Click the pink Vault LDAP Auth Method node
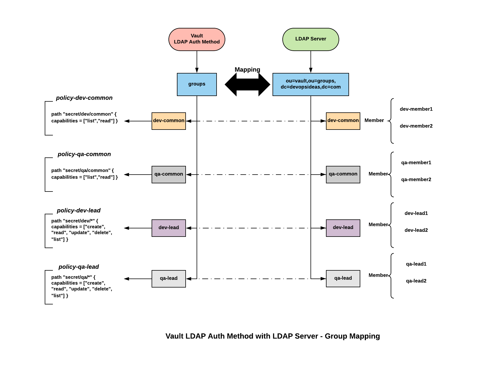pyautogui.click(x=197, y=39)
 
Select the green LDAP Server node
pyautogui.click(x=310, y=39)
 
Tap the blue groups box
pyautogui.click(x=197, y=84)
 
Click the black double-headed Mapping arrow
pyautogui.click(x=247, y=84)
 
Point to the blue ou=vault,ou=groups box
pyautogui.click(x=310, y=84)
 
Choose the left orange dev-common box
pyautogui.click(x=168, y=121)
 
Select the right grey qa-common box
pyautogui.click(x=343, y=174)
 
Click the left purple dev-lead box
pyautogui.click(x=168, y=228)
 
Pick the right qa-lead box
pyautogui.click(x=343, y=279)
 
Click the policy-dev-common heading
pyautogui.click(x=84, y=98)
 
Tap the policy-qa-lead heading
pyautogui.click(x=78, y=267)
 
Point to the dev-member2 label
pyautogui.click(x=416, y=126)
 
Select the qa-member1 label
pyautogui.click(x=416, y=162)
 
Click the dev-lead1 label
pyautogui.click(x=416, y=213)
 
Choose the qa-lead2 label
pyautogui.click(x=416, y=281)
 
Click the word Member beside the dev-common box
pyautogui.click(x=374, y=120)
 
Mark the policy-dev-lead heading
pyautogui.click(x=78, y=210)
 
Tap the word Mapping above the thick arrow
pyautogui.click(x=247, y=70)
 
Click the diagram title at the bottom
pyautogui.click(x=273, y=336)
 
